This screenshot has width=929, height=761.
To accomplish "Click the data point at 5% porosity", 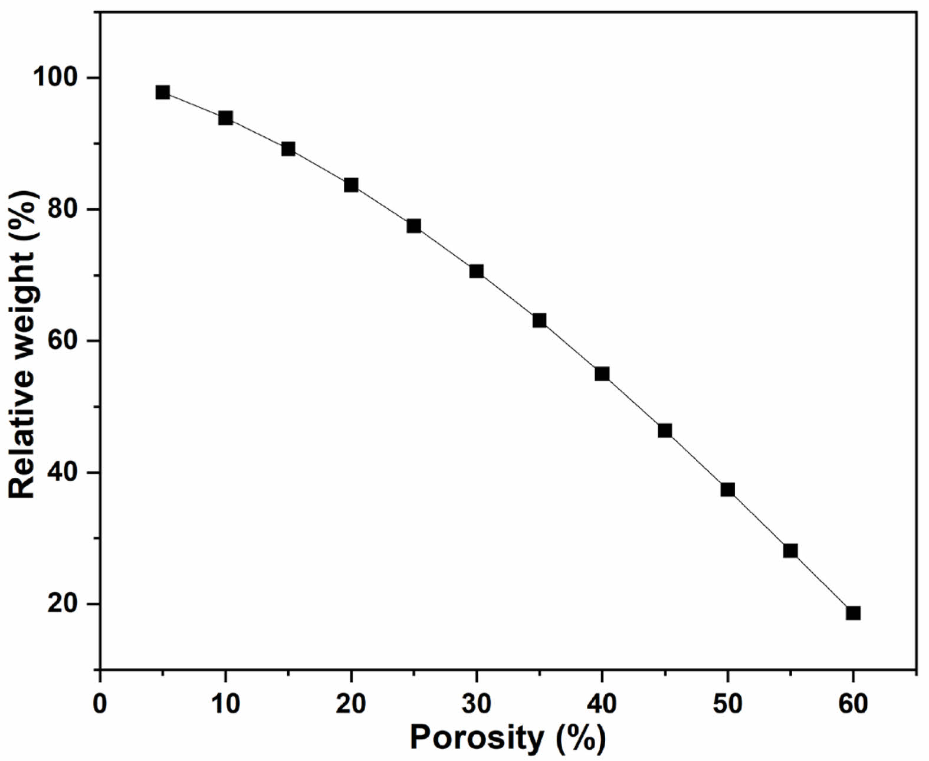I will point(163,93).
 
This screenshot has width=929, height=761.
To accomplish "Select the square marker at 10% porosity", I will point(225,118).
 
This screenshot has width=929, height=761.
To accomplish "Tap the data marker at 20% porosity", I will point(351,185).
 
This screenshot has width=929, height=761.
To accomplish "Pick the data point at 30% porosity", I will point(477,271).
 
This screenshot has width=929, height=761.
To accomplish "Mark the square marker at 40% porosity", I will point(602,374).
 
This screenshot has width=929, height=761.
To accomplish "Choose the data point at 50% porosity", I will point(727,490).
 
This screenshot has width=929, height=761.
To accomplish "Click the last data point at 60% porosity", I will point(853,613).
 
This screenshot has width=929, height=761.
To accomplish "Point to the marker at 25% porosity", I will point(413,226).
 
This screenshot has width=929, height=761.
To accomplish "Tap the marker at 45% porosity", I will point(665,431).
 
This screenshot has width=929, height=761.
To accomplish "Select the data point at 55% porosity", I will point(790,551).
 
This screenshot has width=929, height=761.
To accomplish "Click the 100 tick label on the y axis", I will point(58,78).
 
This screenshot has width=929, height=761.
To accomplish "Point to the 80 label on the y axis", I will point(66,209).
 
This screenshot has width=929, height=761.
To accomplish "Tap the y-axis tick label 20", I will point(66,604).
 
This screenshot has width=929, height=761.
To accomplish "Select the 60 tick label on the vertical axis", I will point(66,341).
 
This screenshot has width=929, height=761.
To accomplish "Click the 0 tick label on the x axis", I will point(100,703).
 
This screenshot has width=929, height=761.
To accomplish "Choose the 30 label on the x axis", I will point(477,703).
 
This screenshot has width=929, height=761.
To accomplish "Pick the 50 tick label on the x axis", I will point(727,703).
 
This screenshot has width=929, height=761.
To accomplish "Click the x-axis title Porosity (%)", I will point(507,737).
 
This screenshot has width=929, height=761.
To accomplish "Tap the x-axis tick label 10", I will point(225,703).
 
